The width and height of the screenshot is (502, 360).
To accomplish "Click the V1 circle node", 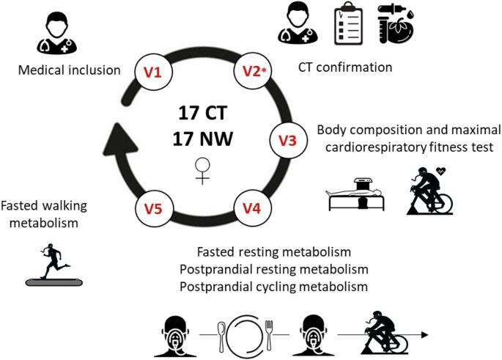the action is click(153, 72).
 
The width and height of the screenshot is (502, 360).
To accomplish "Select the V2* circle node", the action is click(253, 71).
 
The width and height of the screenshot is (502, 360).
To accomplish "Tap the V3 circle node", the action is click(288, 140).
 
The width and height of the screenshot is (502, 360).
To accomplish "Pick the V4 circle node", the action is click(252, 208).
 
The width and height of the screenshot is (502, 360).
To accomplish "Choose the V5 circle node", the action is click(154, 208).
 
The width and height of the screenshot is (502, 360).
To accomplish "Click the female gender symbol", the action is click(202, 171).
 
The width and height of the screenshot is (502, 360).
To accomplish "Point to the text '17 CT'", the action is click(203, 113).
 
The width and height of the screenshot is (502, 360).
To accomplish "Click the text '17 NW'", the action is click(203, 139).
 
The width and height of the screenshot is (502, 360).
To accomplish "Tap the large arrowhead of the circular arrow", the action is click(119, 140).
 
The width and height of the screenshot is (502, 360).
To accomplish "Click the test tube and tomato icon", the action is click(396, 24).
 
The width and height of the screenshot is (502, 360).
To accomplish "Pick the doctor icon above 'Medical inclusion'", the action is click(57, 34).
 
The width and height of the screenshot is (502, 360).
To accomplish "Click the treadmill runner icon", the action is click(53, 265).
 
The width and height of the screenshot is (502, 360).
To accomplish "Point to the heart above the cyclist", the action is click(441, 172).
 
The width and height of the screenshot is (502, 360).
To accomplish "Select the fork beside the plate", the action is click(269, 334).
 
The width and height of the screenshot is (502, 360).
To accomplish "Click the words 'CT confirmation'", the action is click(345, 67).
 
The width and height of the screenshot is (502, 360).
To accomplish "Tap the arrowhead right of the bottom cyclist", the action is click(424, 335).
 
